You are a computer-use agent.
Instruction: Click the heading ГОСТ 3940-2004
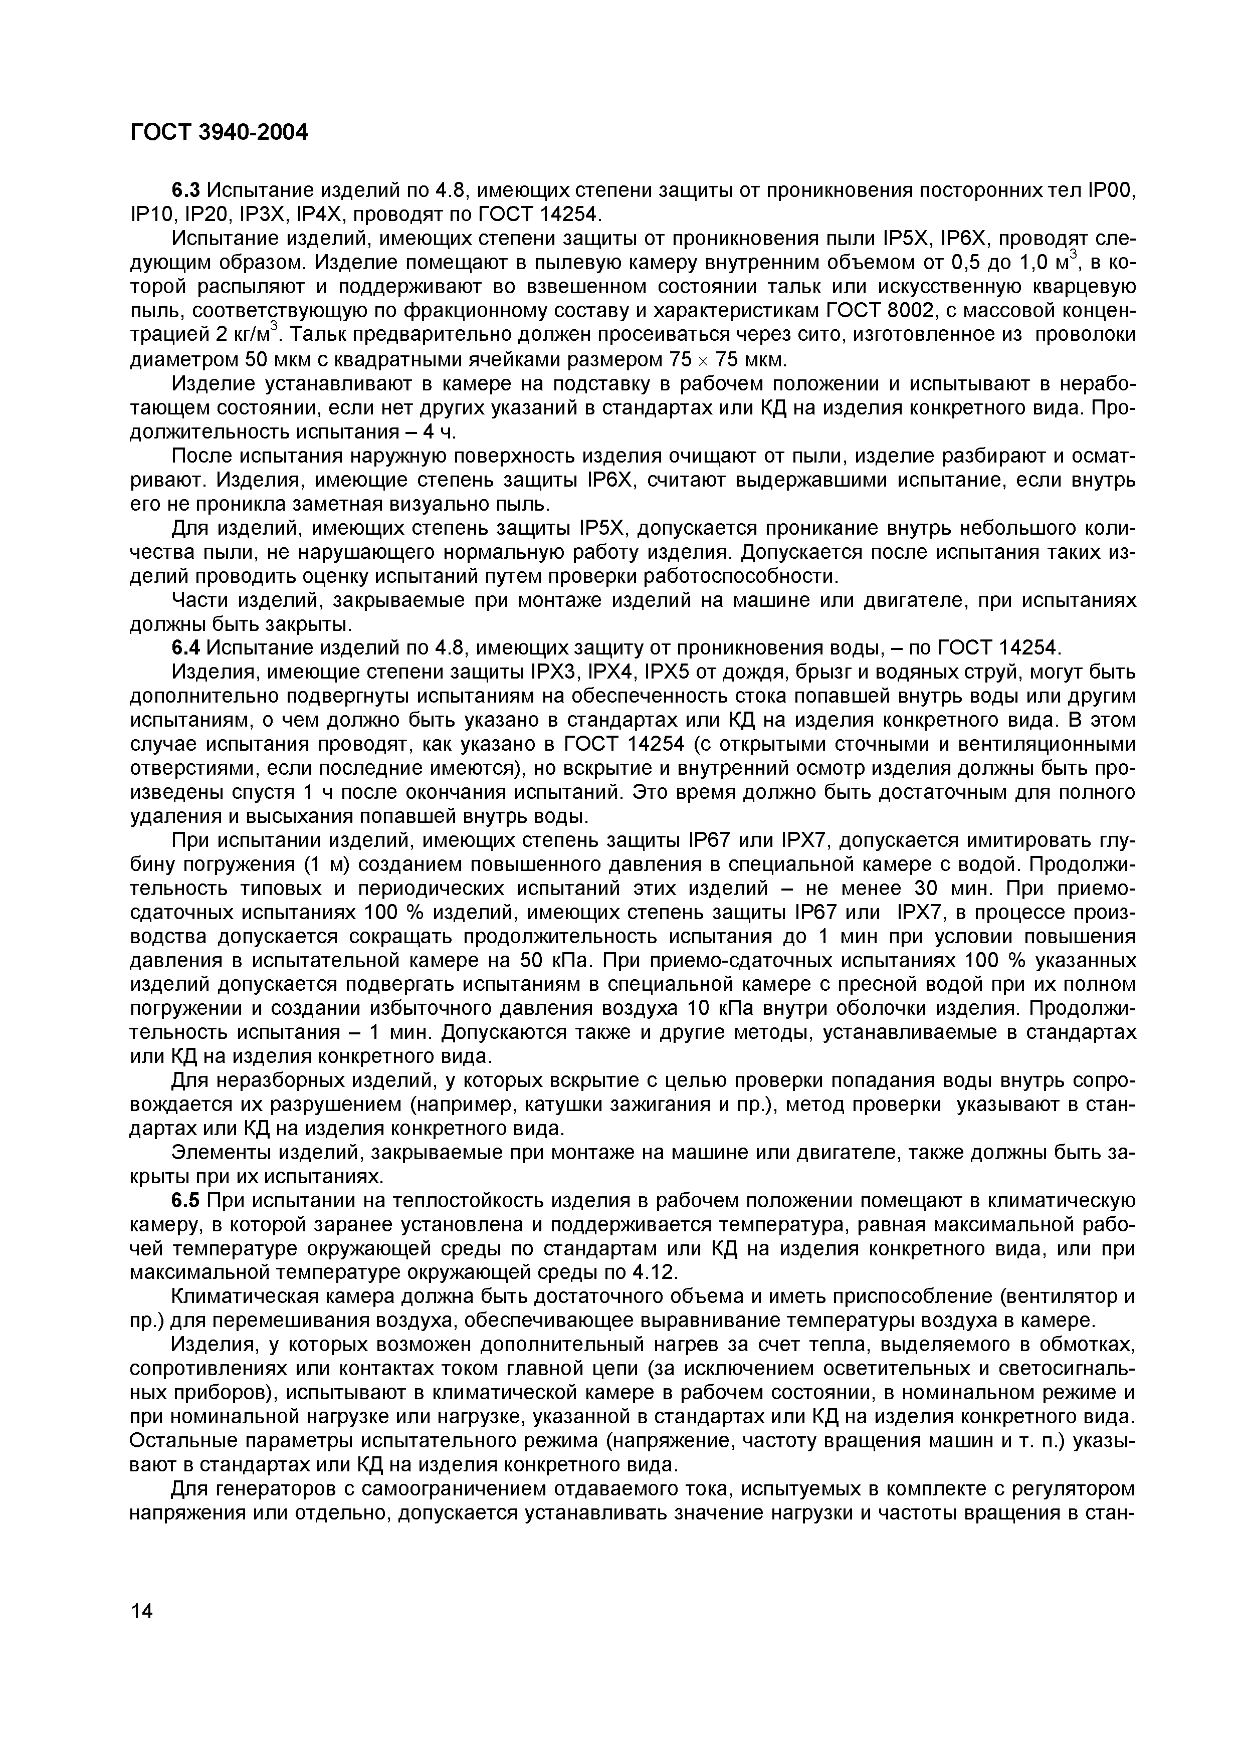(x=218, y=133)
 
